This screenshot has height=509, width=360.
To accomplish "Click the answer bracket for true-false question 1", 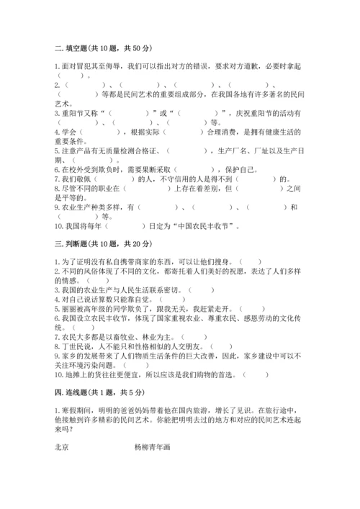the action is pos(251,262).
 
